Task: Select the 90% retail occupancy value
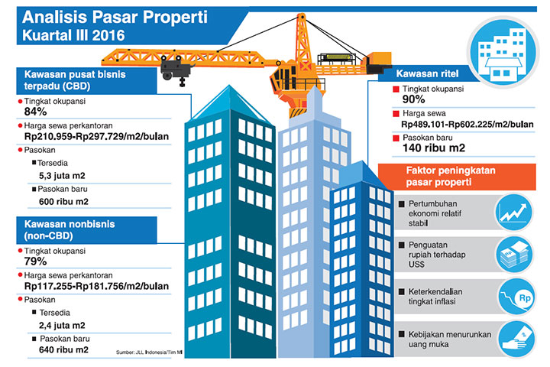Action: pyautogui.click(x=414, y=99)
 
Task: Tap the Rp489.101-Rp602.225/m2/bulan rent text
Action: pyautogui.click(x=466, y=123)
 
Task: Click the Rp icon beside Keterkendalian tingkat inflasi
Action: pyautogui.click(x=513, y=295)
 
